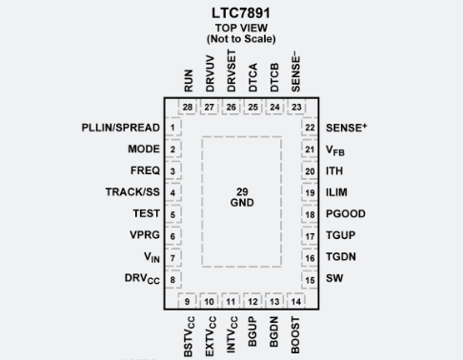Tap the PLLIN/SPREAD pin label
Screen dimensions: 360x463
click(121, 128)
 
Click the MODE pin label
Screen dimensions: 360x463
click(144, 150)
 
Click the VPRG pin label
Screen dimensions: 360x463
click(143, 235)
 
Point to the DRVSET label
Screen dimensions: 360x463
click(231, 71)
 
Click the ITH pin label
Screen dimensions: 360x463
click(336, 171)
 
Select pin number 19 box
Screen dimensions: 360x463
click(310, 192)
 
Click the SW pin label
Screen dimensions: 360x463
click(335, 279)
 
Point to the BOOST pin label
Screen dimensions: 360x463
click(297, 334)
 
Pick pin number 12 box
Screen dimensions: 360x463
click(253, 302)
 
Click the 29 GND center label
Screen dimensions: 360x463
click(242, 197)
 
